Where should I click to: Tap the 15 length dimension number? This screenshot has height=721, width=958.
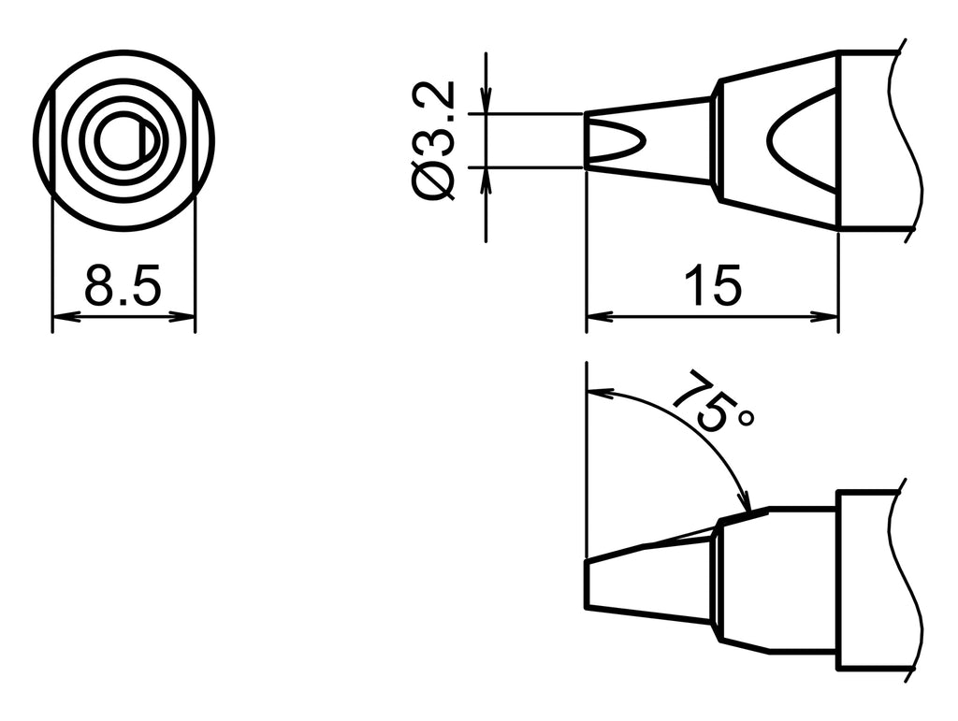point(712,286)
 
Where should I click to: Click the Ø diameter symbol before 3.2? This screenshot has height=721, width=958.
point(432,180)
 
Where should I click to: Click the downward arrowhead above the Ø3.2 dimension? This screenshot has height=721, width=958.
point(486,103)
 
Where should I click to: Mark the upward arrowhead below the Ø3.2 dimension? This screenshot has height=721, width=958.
point(486,179)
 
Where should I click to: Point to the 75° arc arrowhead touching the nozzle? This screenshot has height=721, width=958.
point(745,502)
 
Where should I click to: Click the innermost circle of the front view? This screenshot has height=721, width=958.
point(120,142)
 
